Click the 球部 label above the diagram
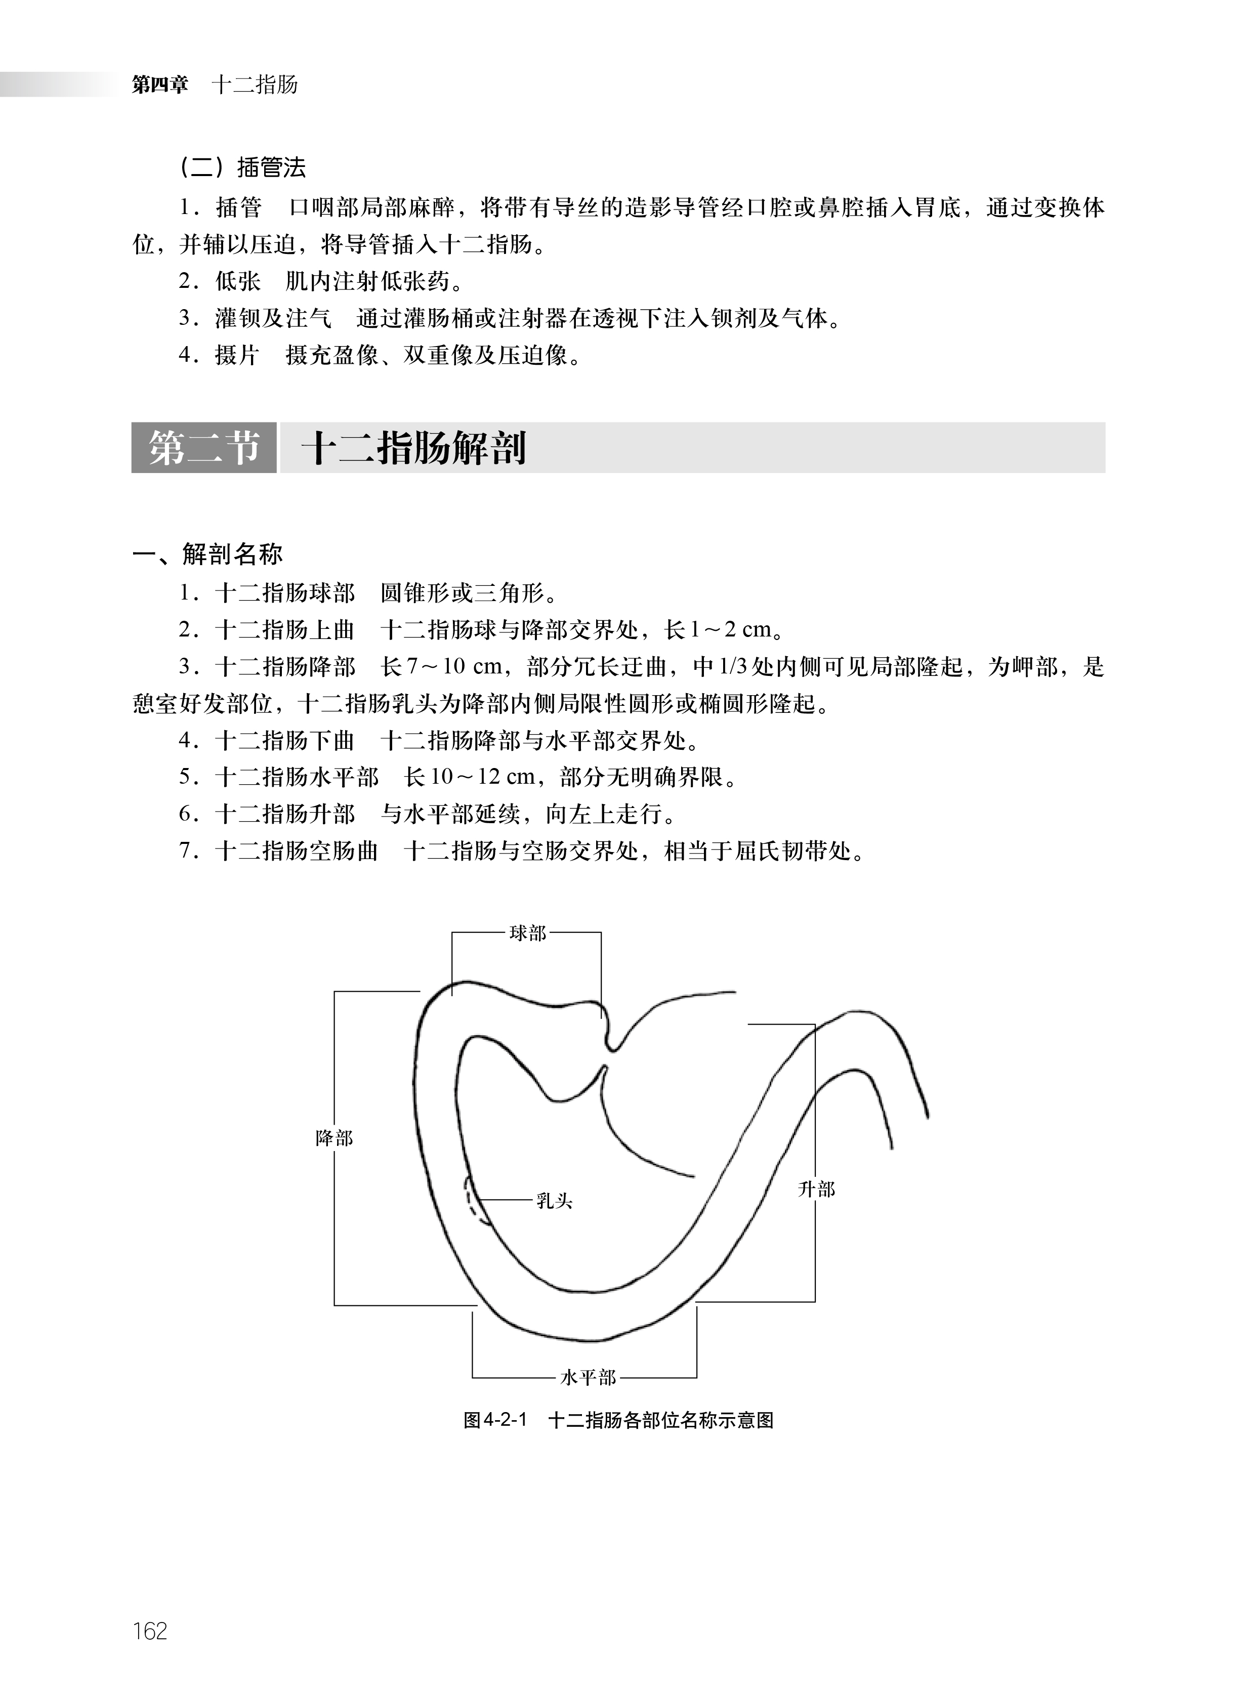click(x=527, y=933)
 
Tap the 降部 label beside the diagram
click(x=334, y=1138)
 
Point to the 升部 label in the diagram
click(x=817, y=1189)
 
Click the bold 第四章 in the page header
click(x=159, y=84)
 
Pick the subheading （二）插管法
click(x=241, y=168)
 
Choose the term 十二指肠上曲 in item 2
click(x=285, y=630)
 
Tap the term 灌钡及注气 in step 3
click(x=273, y=318)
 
